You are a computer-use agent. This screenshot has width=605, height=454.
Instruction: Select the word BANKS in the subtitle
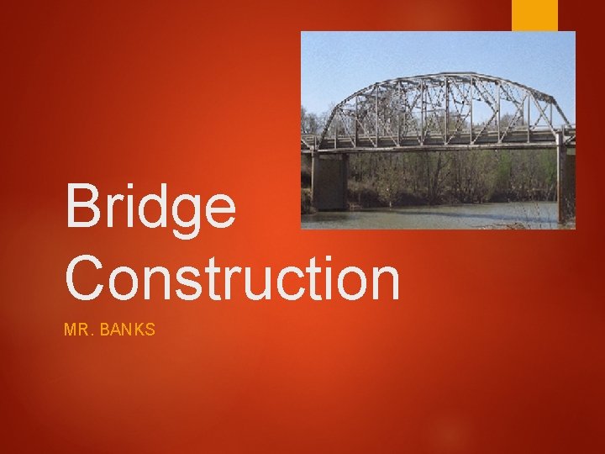tap(127, 330)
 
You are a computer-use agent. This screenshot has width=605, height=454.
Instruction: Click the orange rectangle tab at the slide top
tap(534, 14)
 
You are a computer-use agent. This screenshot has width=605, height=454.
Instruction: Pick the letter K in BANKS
tap(137, 330)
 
